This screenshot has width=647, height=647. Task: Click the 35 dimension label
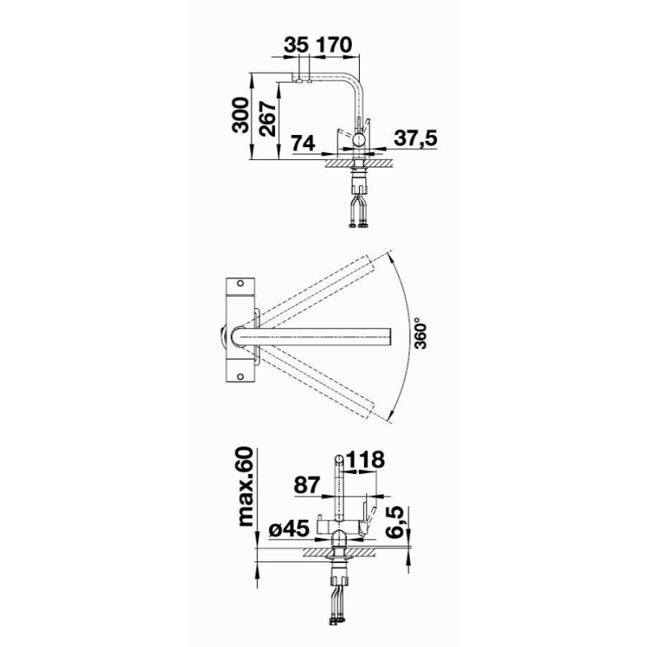coord(296,45)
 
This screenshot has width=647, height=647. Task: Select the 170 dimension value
coord(333,45)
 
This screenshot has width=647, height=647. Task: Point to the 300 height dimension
coord(241,115)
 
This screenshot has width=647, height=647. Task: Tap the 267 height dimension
coord(268,118)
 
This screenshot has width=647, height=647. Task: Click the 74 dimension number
coord(303,143)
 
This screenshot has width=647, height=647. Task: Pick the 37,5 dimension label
coord(415,138)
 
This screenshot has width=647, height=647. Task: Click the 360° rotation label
coord(421,333)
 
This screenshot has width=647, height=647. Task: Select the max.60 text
coord(246,487)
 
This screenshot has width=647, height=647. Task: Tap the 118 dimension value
coord(365,459)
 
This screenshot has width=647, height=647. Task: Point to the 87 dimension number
coord(307,485)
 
